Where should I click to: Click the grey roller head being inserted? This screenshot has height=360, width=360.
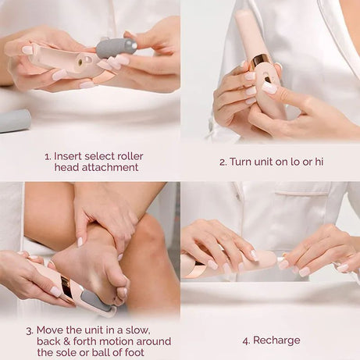(x=116, y=48)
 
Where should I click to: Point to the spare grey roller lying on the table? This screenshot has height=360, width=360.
(x=14, y=120)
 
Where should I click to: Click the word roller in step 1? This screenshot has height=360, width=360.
(x=128, y=156)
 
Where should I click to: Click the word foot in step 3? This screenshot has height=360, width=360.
(x=138, y=352)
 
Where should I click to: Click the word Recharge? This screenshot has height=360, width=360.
(x=276, y=340)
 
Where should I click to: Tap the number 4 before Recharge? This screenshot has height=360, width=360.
(x=245, y=340)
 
